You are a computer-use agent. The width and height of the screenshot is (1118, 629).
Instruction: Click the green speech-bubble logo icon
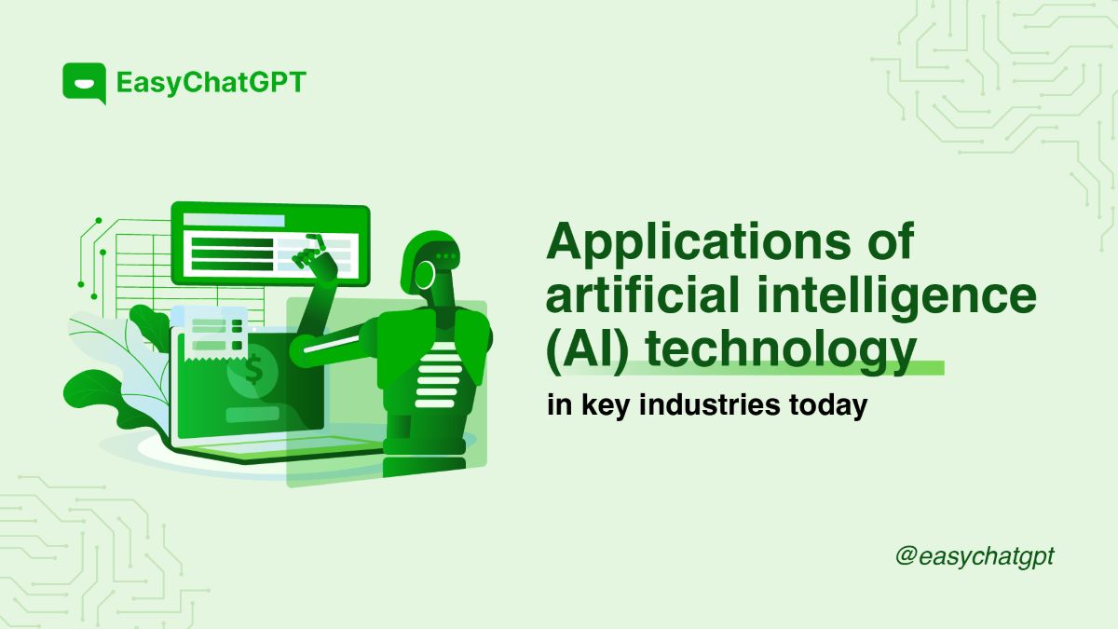coord(83,82)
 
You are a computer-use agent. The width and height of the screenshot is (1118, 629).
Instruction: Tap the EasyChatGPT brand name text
coord(211,82)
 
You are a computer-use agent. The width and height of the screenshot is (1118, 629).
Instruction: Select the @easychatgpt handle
coord(975,556)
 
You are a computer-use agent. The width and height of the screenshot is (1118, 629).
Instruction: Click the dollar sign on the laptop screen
coord(250,370)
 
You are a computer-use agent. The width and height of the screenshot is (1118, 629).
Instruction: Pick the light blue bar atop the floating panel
coord(234,220)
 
